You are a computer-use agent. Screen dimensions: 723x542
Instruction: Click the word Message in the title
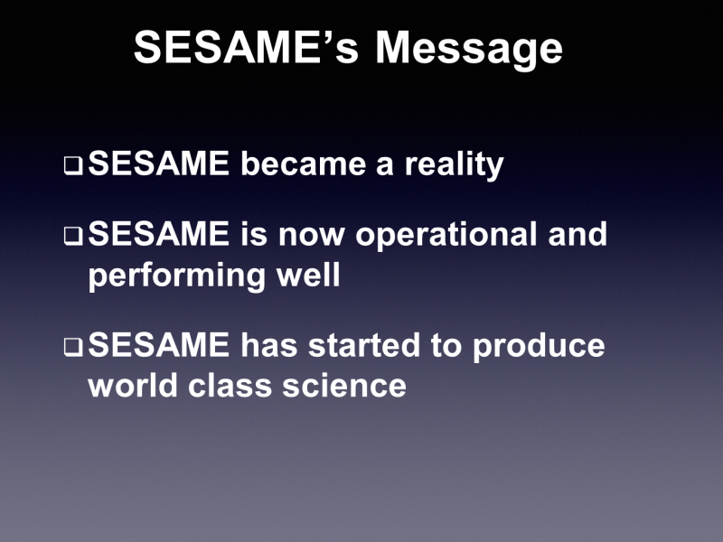[469, 50]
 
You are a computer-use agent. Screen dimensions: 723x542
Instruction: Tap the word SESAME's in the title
[246, 47]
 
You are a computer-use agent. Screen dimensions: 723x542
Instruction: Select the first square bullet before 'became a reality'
[73, 166]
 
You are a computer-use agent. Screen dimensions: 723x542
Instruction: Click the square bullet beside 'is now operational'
[73, 236]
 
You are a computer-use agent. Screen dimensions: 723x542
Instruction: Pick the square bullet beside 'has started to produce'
[73, 347]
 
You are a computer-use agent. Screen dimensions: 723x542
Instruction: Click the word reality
[455, 165]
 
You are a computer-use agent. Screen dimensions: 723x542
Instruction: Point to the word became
[304, 164]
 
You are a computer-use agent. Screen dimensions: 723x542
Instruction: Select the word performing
[176, 276]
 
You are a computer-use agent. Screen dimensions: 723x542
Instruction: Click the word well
[308, 275]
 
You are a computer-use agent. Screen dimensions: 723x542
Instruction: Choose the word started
[364, 345]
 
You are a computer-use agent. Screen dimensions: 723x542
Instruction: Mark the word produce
[539, 348]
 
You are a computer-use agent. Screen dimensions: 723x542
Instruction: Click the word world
[132, 385]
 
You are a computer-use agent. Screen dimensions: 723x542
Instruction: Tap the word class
[230, 385]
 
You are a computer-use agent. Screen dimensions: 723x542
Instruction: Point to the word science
[344, 385]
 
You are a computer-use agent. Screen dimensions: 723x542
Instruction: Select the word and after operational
[577, 234]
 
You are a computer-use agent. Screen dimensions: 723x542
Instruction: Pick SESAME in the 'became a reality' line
[159, 164]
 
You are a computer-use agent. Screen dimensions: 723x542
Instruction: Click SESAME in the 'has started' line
[159, 345]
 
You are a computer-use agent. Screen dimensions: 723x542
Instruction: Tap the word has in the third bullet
[268, 345]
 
